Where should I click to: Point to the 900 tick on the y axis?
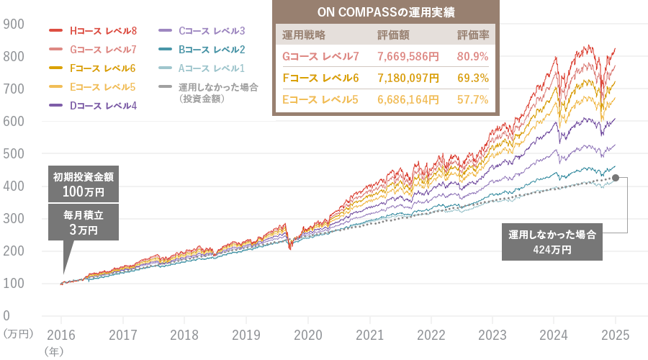15,24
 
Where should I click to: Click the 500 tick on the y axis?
15,153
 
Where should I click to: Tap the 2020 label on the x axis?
307,335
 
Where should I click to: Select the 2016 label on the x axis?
61,335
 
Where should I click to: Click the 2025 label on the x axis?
616,335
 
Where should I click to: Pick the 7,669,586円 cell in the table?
408,56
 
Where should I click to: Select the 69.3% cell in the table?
472,77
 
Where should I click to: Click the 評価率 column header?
472,34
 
